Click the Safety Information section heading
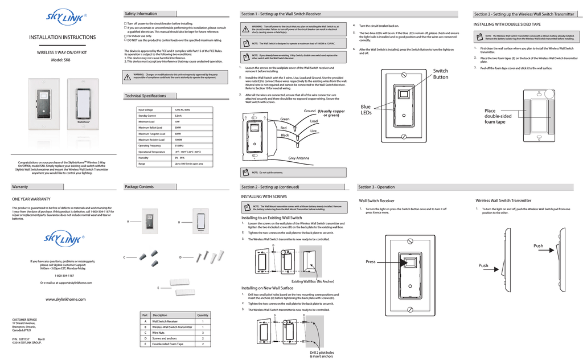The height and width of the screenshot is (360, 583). click(x=141, y=14)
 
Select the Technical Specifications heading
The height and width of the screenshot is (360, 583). click(x=145, y=96)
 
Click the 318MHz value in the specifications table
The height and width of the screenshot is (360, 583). click(x=180, y=146)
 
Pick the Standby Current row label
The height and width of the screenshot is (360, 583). click(x=147, y=116)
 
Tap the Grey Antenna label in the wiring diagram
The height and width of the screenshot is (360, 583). click(x=299, y=158)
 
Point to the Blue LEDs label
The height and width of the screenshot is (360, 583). click(x=366, y=109)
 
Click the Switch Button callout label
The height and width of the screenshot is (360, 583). click(x=441, y=74)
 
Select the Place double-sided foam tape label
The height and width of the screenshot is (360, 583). click(x=498, y=116)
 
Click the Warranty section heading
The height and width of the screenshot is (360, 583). click(x=20, y=187)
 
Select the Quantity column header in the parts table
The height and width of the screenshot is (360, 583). click(x=203, y=315)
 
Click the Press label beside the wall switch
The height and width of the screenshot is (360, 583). click(x=371, y=261)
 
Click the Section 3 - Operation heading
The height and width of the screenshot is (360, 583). click(x=376, y=187)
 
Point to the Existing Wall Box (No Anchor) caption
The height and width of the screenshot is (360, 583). click(x=313, y=281)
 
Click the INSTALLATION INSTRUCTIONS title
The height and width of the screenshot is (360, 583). click(x=63, y=38)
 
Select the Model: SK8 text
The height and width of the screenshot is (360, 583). click(x=63, y=60)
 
